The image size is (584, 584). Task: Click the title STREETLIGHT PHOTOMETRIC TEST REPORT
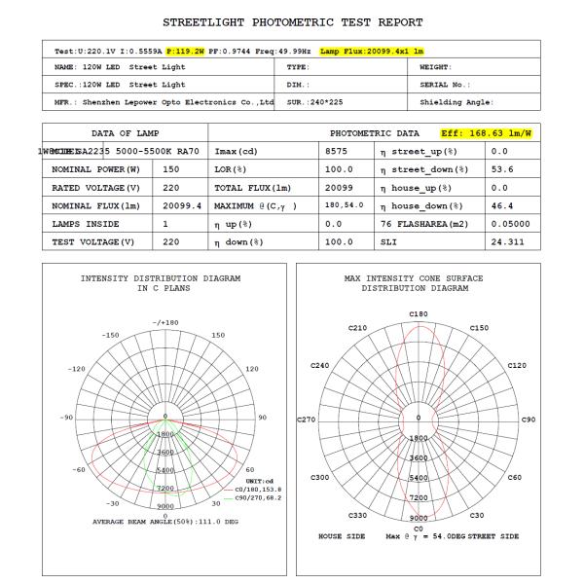(x=292, y=20)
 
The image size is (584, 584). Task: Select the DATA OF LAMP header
(x=125, y=132)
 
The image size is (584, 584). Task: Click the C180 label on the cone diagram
(x=419, y=313)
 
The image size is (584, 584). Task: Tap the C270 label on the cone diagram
(x=308, y=420)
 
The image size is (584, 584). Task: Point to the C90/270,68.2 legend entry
(x=255, y=497)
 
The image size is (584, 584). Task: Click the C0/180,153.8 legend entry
(x=255, y=489)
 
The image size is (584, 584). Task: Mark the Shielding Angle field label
(x=456, y=101)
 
